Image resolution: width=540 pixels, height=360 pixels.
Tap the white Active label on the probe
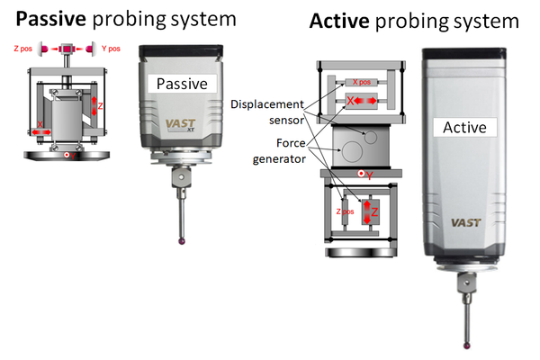tap(466, 128)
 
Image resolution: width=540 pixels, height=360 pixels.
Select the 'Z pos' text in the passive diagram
tap(23, 49)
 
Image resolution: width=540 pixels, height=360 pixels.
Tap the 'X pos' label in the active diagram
tap(364, 82)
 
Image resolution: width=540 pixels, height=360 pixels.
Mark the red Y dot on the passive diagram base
tap(67, 157)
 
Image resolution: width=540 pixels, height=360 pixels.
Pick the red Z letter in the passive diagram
tap(100, 106)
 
